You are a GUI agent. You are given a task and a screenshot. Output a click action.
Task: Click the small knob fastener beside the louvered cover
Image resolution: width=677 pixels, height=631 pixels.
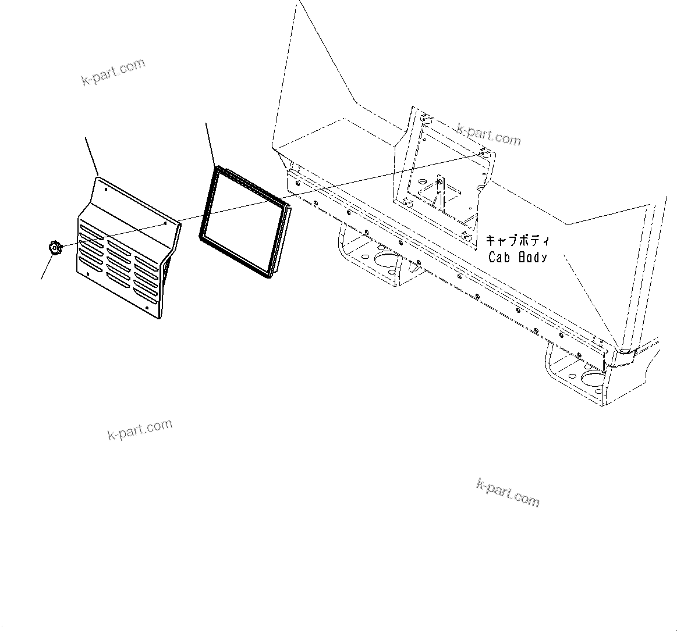click(54, 248)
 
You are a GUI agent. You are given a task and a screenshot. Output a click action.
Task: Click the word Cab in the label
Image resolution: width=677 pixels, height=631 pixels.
click(499, 256)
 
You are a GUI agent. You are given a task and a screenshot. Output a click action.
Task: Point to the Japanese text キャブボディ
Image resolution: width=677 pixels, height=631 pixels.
click(518, 240)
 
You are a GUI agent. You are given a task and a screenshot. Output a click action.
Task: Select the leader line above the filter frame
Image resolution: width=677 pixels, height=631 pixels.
click(211, 144)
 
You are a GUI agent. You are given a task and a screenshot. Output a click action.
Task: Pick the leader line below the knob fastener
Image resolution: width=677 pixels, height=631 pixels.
click(46, 268)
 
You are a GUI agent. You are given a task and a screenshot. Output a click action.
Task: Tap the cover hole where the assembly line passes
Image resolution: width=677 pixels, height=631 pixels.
click(165, 222)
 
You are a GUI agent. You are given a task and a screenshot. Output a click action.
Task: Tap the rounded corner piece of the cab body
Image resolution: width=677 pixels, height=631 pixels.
click(628, 352)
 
